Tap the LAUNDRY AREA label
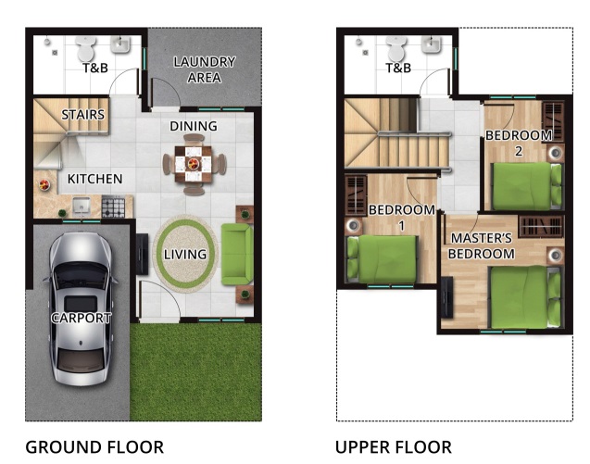[x=205, y=69]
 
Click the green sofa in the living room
[x=236, y=254]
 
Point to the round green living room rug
[x=184, y=253]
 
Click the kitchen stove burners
[x=113, y=206]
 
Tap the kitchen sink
[x=80, y=205]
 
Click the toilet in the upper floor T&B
[x=395, y=46]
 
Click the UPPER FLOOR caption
[x=394, y=447]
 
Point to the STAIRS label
[x=82, y=115]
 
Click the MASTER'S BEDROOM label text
[x=481, y=245]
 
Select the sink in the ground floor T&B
[x=121, y=44]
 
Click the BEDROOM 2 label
[x=519, y=143]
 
